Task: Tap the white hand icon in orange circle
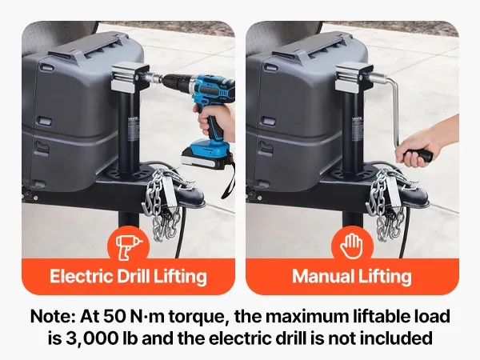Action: [x=352, y=246]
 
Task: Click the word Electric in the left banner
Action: [x=81, y=276]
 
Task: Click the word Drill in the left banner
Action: [x=133, y=276]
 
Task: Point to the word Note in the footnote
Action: [x=53, y=317]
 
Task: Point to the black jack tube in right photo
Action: [x=352, y=134]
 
